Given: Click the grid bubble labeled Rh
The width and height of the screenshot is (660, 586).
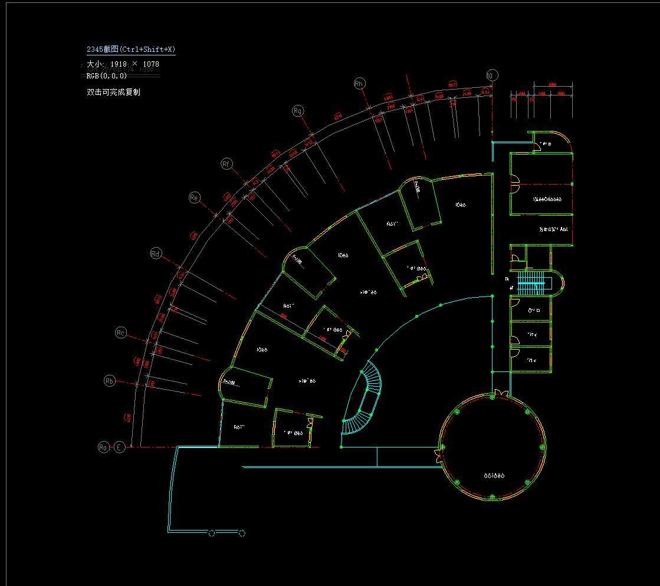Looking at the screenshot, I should click(x=359, y=84).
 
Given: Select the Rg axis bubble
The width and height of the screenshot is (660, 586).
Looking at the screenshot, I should click(x=298, y=110).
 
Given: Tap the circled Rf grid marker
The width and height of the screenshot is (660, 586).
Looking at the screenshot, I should click(x=226, y=164).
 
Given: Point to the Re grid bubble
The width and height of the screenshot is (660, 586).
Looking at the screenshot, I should click(x=194, y=197).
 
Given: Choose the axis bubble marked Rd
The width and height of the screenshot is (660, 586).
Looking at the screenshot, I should click(x=156, y=254).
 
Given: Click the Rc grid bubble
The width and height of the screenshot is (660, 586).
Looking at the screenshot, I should click(x=121, y=333).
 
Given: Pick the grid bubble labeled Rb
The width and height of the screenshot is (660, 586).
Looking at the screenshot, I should click(x=110, y=381).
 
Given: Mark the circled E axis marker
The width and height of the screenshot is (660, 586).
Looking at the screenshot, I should click(x=119, y=447).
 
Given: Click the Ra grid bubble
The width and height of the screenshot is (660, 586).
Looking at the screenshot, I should click(x=103, y=447).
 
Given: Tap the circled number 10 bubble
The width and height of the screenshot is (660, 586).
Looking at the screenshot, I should click(x=492, y=75).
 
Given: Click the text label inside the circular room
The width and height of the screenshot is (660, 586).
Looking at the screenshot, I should click(x=494, y=475).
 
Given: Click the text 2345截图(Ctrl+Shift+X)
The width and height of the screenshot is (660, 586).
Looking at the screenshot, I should click(x=131, y=50).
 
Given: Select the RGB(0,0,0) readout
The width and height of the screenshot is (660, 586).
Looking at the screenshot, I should click(x=107, y=75).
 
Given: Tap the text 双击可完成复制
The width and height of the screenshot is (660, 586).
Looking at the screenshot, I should click(x=113, y=92).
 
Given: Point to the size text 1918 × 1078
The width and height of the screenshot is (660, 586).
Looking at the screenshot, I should click(x=134, y=64).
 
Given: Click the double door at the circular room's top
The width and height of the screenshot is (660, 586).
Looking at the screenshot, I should click(x=500, y=392).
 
